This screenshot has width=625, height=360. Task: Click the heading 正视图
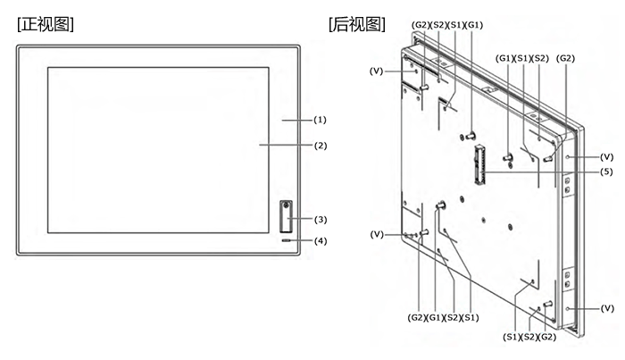coord(46,25)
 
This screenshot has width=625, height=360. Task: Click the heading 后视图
coord(357,25)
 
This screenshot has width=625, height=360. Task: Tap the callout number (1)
coord(320,120)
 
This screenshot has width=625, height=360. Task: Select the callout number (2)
coord(320,146)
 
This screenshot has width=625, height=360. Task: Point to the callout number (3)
coord(321,220)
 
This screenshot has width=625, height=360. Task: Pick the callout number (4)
coord(321,241)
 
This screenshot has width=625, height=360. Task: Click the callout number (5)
coord(606,172)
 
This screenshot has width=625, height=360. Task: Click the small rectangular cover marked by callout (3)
coord(286,216)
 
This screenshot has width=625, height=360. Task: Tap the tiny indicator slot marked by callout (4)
coord(287,240)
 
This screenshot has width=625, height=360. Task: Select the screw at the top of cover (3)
coord(286,205)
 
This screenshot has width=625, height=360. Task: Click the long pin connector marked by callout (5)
coord(479,165)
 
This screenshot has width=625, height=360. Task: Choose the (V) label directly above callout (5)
coord(606,157)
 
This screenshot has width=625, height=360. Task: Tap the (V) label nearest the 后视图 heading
coord(376,71)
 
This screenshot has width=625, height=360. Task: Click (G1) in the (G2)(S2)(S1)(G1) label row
coord(474,25)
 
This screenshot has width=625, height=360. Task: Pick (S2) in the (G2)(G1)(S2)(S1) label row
coord(453,318)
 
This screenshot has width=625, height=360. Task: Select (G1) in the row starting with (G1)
coord(504,58)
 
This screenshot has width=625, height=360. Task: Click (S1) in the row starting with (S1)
coord(512,337)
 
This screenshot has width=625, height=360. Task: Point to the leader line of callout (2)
coord(286,145)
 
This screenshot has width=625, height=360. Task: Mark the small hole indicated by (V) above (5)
coord(568,156)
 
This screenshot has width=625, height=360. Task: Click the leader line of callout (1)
coord(297,120)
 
